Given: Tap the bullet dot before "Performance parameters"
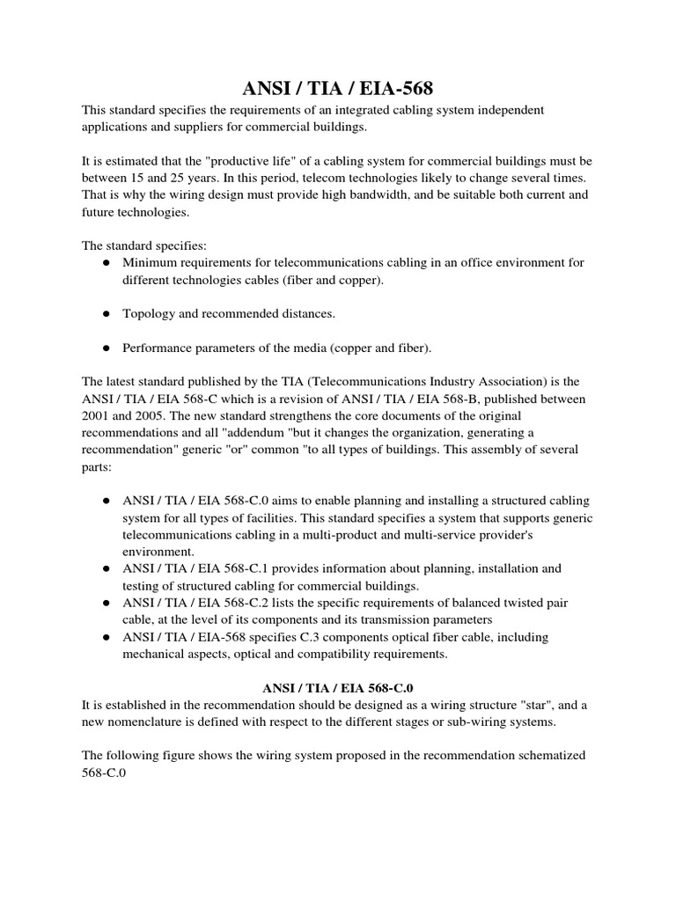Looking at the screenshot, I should pyautogui.click(x=106, y=348).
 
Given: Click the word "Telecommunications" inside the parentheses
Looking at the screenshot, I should pyautogui.click(x=327, y=382).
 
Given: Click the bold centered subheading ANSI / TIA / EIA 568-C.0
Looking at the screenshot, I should pyautogui.click(x=337, y=689).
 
